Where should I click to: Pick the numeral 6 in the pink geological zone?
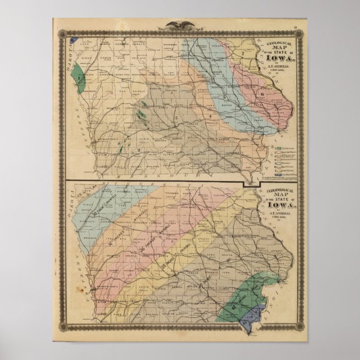coord(262,94)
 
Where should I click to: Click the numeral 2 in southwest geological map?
coord(137,150)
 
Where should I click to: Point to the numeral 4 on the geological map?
coord(209,116)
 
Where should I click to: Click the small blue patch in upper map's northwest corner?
coord(73,40)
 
